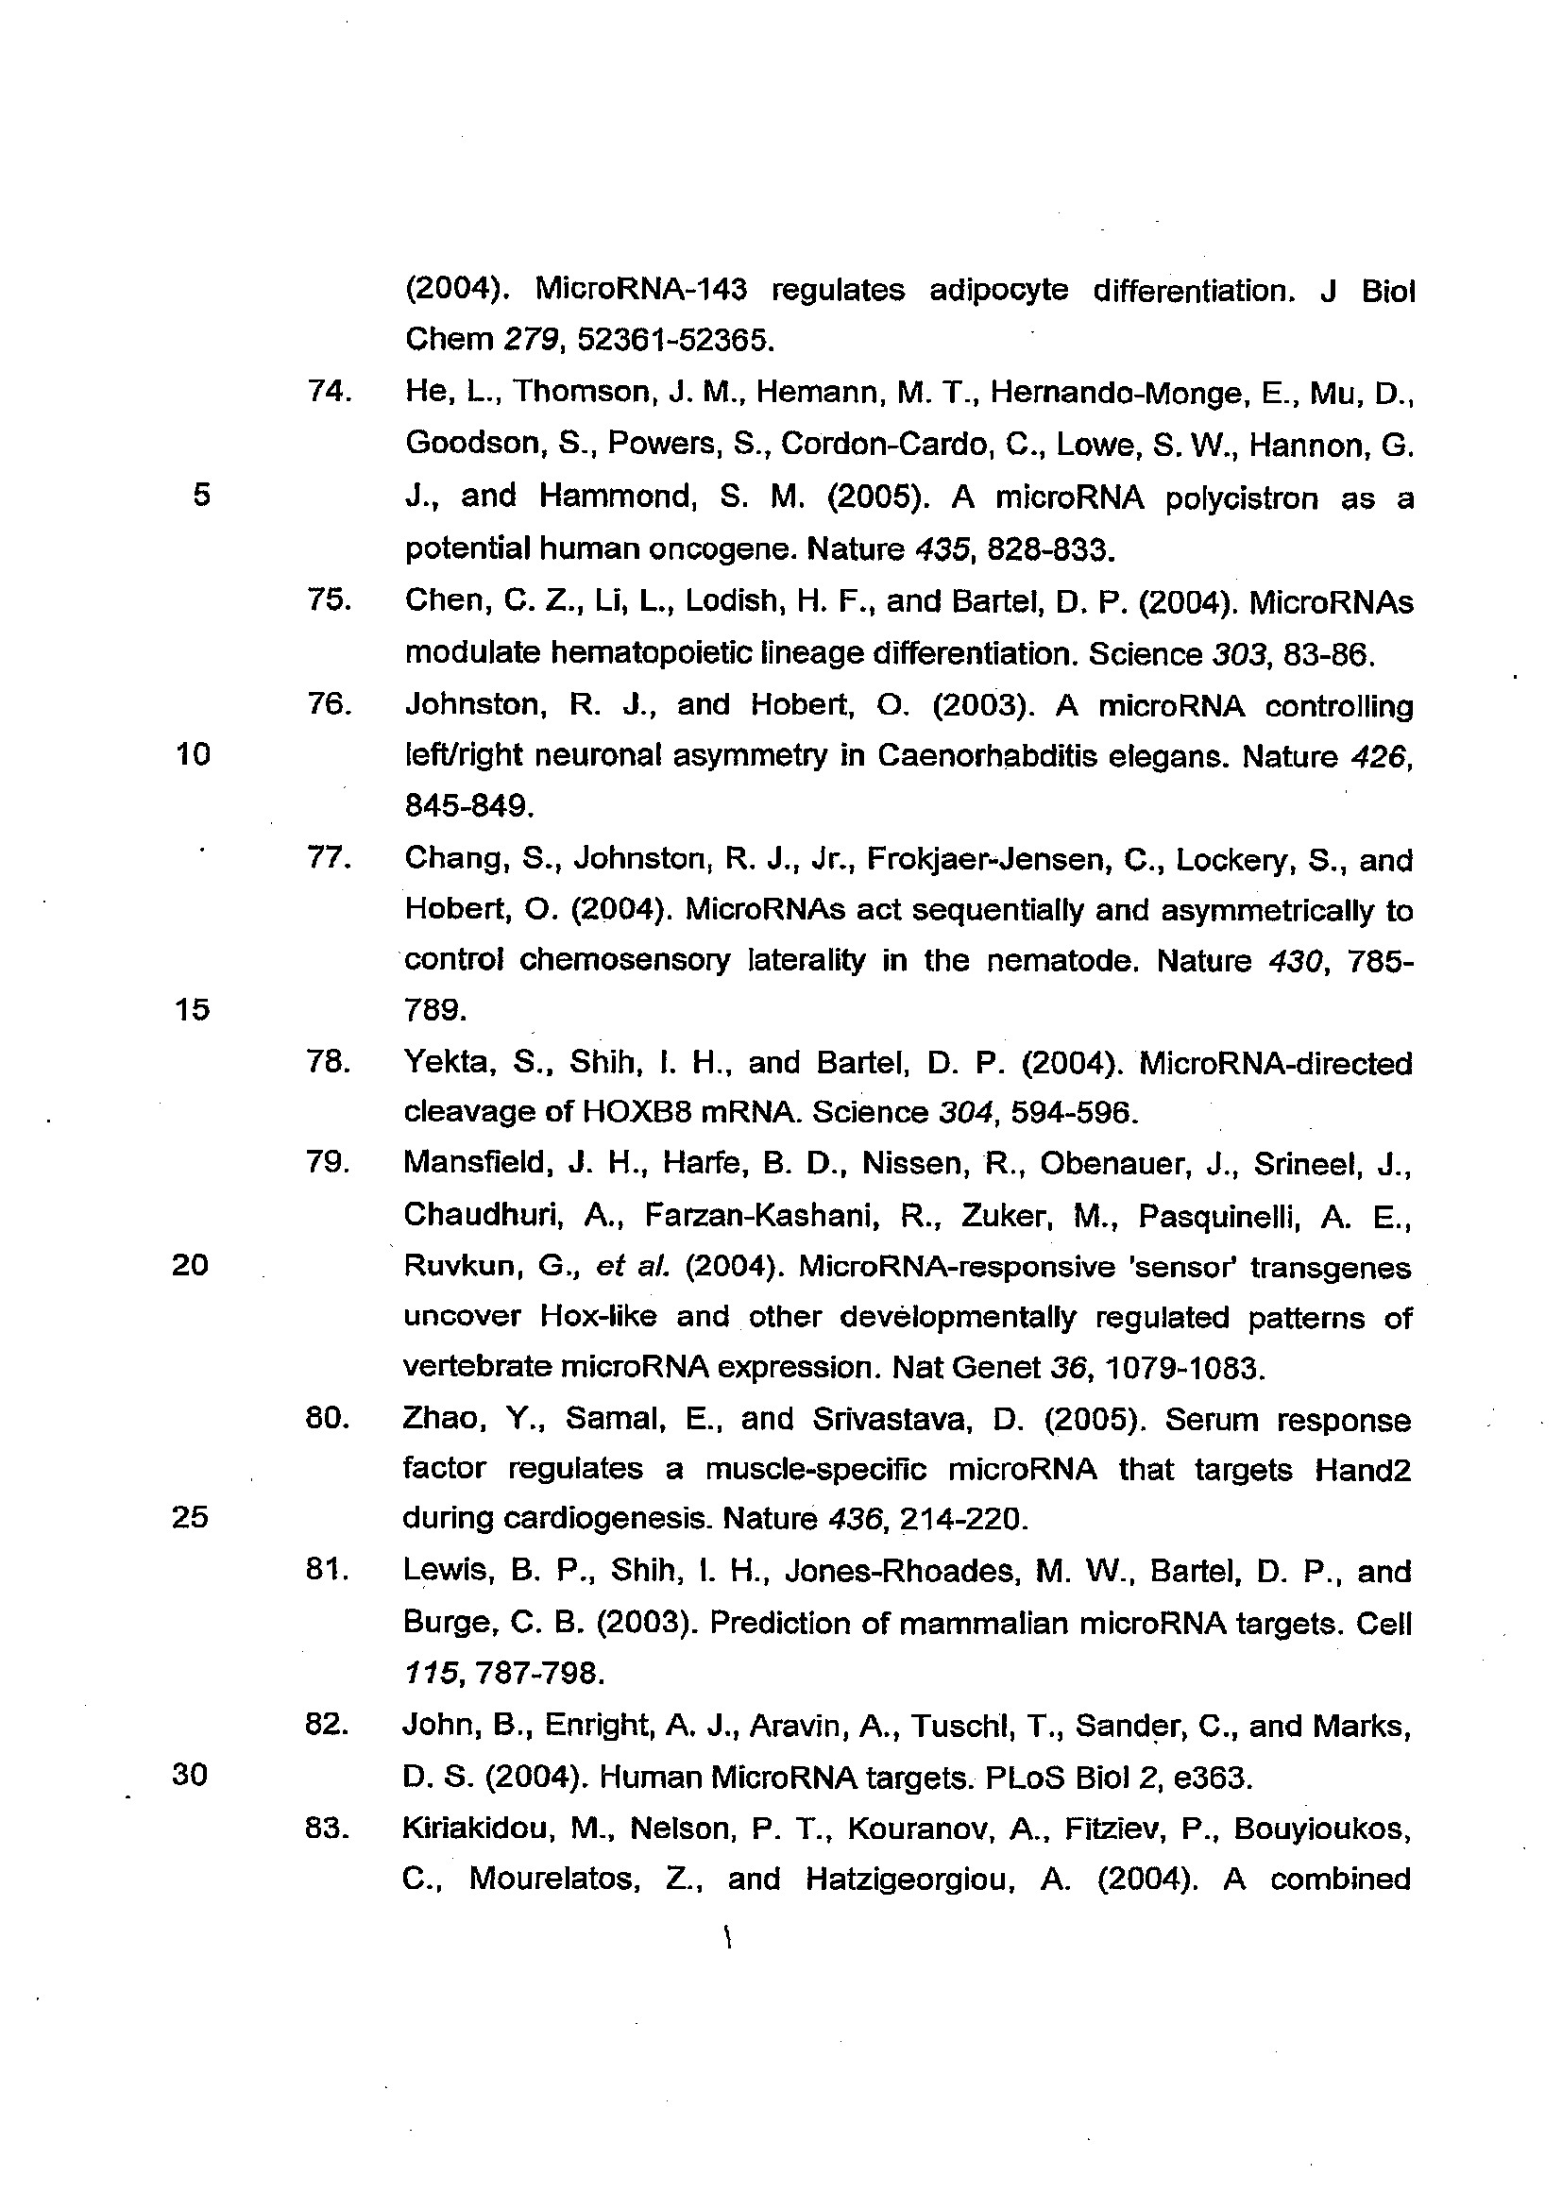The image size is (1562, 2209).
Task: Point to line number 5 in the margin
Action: (x=201, y=495)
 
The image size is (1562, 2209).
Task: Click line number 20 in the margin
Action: (x=191, y=1264)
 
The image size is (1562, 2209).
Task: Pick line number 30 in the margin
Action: (x=190, y=1774)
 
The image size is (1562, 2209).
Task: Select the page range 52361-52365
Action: (x=675, y=339)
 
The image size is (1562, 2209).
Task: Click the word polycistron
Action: (x=1241, y=497)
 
